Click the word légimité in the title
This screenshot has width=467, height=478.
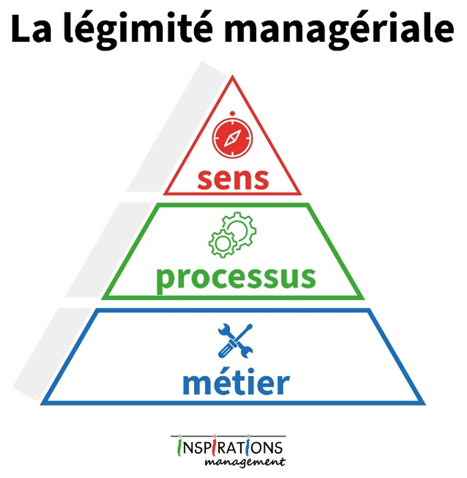(x=139, y=29)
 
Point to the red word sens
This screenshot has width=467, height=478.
(x=233, y=179)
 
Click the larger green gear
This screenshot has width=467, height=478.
(x=239, y=228)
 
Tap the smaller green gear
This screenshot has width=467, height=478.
(x=222, y=243)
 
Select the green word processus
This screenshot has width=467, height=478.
(x=236, y=278)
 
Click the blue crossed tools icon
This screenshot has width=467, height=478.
(x=235, y=341)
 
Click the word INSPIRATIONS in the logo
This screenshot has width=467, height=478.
(x=229, y=448)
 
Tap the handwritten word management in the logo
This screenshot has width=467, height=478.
(x=245, y=462)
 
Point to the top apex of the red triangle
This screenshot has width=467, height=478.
(x=233, y=77)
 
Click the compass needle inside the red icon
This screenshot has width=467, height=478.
(x=233, y=138)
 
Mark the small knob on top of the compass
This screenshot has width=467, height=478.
(x=233, y=114)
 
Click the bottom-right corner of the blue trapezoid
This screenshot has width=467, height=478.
(x=425, y=404)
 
